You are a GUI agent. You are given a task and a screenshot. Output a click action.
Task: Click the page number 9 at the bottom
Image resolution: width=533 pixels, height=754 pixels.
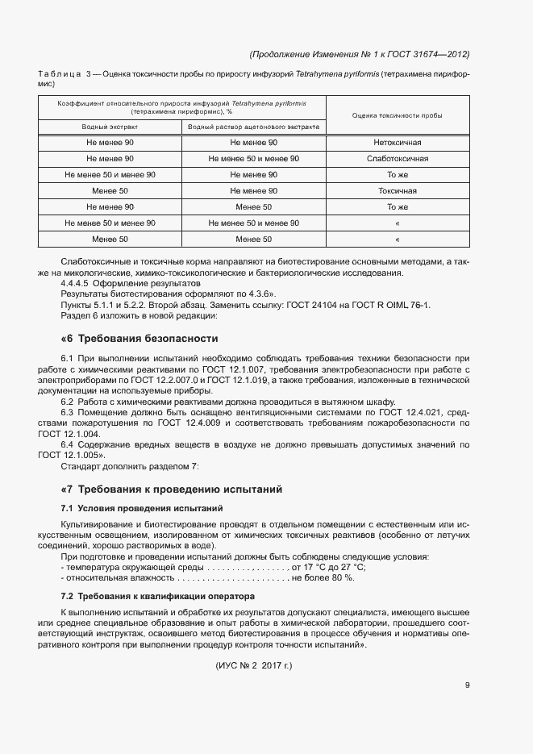(x=467, y=686)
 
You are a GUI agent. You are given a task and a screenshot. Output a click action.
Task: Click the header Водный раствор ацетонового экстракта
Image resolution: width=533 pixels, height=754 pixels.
(x=253, y=127)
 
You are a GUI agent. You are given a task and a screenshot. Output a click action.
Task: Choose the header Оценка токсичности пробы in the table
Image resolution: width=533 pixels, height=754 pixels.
(x=397, y=116)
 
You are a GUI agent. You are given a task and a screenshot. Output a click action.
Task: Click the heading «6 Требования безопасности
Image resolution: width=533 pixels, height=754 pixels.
(x=139, y=338)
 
